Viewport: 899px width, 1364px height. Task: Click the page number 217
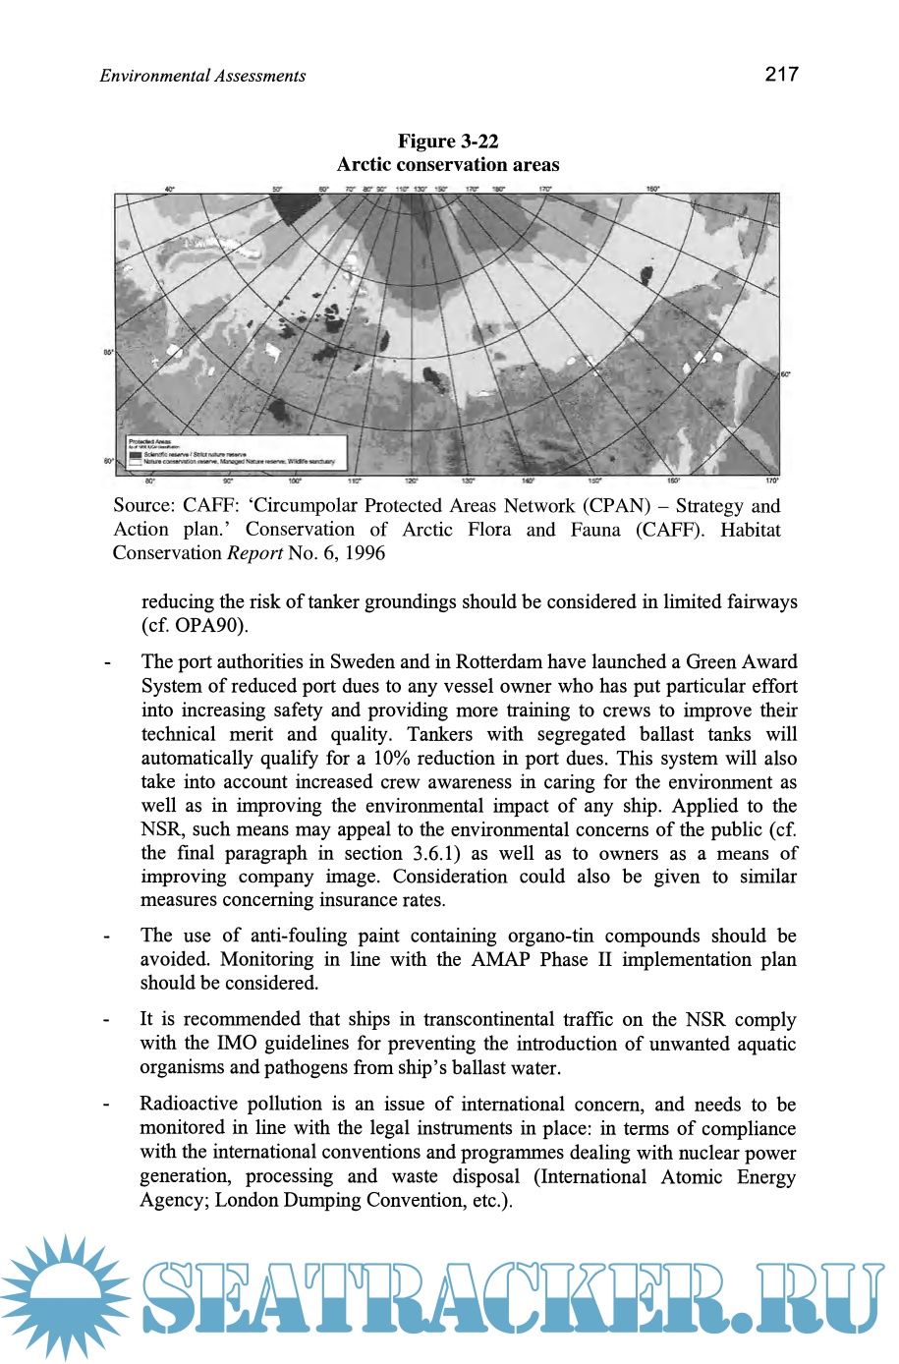pyautogui.click(x=781, y=74)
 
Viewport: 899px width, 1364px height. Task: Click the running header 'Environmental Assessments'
pyautogui.click(x=202, y=76)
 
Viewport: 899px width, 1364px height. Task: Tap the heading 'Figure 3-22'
pyautogui.click(x=448, y=141)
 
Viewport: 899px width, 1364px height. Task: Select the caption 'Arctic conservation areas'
pyautogui.click(x=448, y=164)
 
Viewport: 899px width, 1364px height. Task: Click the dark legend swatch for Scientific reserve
pyautogui.click(x=136, y=455)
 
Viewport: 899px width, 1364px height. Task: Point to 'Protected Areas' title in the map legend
pyautogui.click(x=150, y=442)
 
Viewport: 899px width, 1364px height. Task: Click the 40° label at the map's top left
pyautogui.click(x=169, y=189)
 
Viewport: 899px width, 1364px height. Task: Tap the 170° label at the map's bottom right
pyautogui.click(x=771, y=481)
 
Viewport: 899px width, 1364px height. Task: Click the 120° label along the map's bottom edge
pyautogui.click(x=412, y=481)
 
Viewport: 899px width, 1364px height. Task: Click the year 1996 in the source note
pyautogui.click(x=364, y=552)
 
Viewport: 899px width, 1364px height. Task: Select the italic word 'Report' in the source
pyautogui.click(x=254, y=552)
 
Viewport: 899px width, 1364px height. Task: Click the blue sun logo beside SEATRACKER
pyautogui.click(x=66, y=1295)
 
